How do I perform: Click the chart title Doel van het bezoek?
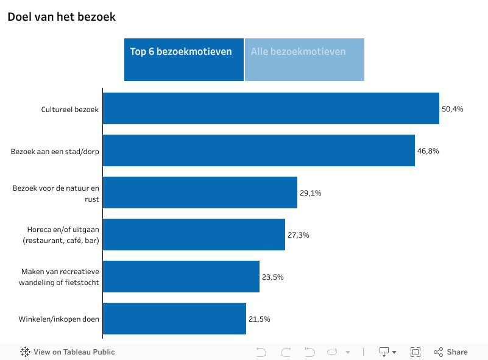point(62,17)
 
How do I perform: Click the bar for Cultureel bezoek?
point(271,108)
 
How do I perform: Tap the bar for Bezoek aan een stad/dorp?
point(258,150)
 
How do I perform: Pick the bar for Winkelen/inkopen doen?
point(174,319)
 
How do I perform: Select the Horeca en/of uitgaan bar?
point(194,235)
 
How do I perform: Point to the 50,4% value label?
point(453,109)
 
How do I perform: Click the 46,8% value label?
point(428,151)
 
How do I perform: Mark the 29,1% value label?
point(311,193)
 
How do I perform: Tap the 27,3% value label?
point(299,235)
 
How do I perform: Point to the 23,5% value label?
point(273,277)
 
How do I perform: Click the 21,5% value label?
point(260,319)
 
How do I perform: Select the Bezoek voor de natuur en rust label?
point(55,193)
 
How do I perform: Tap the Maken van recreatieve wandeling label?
point(59,277)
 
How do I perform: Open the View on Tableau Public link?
point(68,352)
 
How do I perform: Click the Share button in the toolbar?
point(451,352)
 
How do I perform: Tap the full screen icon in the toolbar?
point(416,352)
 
